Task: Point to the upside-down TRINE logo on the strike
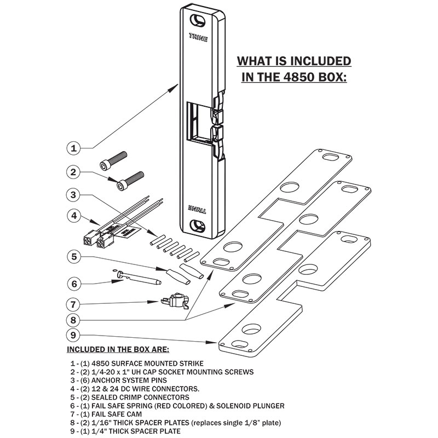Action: (197, 208)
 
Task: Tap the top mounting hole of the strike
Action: (196, 19)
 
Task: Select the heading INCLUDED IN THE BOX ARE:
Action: (118, 349)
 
